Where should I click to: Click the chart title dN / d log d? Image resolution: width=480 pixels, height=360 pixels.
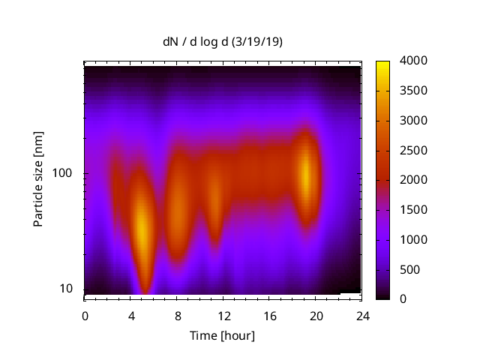click(x=223, y=43)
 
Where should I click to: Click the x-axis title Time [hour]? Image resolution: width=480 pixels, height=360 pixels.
click(x=222, y=335)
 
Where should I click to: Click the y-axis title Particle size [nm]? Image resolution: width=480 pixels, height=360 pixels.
click(x=38, y=181)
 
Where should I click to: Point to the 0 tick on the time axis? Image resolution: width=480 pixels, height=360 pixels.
click(x=85, y=315)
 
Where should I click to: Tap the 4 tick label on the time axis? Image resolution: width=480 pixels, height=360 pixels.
click(x=131, y=315)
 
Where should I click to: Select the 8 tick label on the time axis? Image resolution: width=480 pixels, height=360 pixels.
click(x=177, y=315)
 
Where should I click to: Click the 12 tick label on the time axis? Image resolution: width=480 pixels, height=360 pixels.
click(x=223, y=315)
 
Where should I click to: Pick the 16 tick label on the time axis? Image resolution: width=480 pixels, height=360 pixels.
click(x=269, y=315)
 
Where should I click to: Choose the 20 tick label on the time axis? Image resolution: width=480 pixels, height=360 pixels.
click(x=315, y=315)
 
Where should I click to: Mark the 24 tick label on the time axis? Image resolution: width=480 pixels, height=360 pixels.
click(x=361, y=315)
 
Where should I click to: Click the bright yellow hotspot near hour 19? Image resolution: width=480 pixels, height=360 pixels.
click(x=306, y=172)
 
